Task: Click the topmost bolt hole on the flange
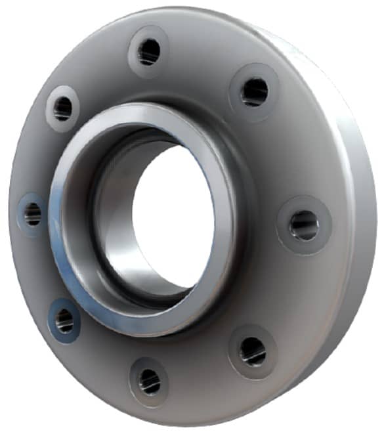coord(149,51)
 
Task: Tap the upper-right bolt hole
coord(254,91)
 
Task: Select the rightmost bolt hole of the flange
coord(304,225)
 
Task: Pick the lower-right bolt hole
coord(253,351)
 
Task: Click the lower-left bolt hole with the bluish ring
coord(64,320)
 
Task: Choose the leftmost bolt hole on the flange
coord(32,213)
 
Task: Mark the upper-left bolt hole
coord(62,108)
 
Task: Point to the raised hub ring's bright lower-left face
coord(72,276)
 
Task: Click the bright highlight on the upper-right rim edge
coord(308,49)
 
